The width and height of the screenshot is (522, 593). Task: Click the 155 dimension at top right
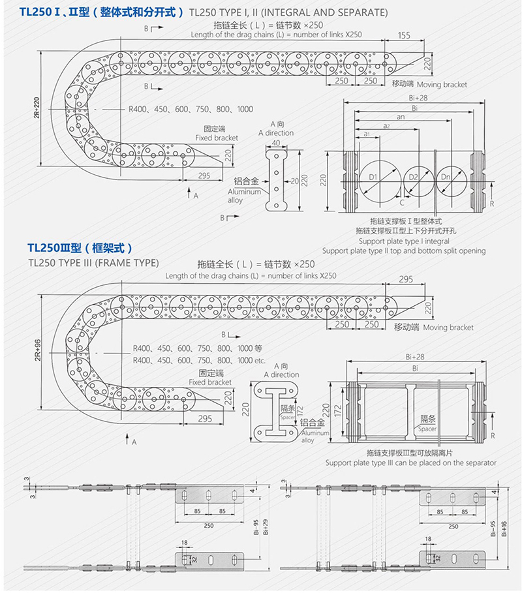pos(404,35)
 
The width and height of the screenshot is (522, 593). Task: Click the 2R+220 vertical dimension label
pos(37,108)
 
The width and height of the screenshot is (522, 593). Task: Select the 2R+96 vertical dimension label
pos(37,350)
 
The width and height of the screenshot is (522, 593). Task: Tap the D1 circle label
pos(373,177)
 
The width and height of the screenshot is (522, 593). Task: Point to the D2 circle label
pos(414,177)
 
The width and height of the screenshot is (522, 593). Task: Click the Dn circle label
pos(446,177)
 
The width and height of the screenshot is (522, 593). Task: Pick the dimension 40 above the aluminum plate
pos(276,143)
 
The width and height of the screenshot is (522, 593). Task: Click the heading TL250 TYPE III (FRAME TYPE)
pos(94,263)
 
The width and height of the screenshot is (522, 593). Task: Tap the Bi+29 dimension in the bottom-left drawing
pos(266,526)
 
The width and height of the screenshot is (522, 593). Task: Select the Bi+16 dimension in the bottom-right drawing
pos(504,528)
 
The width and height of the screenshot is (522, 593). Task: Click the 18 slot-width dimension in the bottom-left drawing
pos(184,543)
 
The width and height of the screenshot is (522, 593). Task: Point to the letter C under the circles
pos(402,203)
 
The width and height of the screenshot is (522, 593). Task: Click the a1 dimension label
pos(367,134)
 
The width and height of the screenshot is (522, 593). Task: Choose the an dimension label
pos(401,117)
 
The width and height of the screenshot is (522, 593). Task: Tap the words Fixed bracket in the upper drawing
pos(217,138)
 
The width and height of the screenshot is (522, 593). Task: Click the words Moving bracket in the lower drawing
pos(448,327)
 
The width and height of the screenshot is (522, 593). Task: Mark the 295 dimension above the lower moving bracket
pos(406,279)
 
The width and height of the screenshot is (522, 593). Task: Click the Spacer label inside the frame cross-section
pos(427,429)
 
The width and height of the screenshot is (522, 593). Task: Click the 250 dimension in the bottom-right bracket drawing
pos(453,526)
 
